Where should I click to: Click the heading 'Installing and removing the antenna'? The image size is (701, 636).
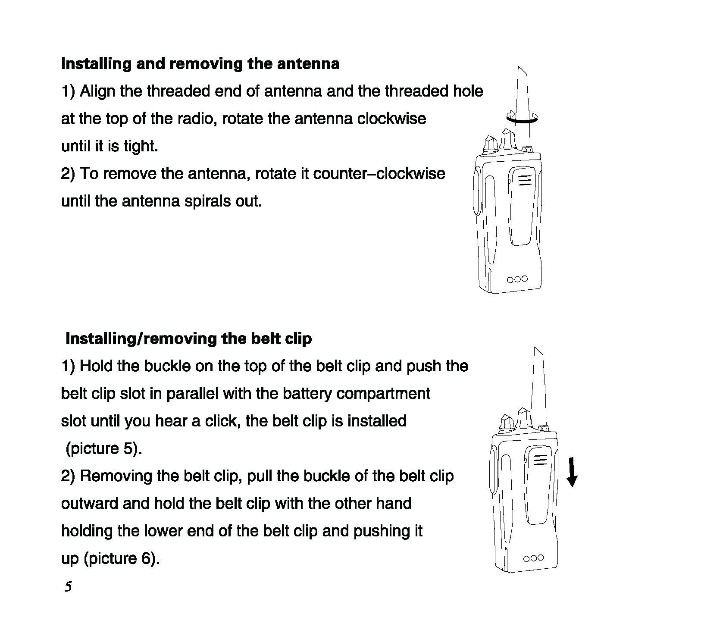(200, 64)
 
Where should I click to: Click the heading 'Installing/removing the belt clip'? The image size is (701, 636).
(188, 338)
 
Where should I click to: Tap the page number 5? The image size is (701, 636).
(68, 587)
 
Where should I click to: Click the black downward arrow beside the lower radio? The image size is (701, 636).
(572, 473)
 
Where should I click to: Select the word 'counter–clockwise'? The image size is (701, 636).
(379, 174)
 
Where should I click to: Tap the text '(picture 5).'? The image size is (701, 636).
(104, 448)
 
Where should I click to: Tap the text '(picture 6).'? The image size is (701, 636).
(122, 558)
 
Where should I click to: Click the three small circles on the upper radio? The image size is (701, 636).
(517, 279)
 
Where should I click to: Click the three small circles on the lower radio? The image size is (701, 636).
(533, 558)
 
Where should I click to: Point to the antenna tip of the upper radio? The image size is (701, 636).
(519, 70)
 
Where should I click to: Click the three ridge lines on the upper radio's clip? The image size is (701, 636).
(525, 180)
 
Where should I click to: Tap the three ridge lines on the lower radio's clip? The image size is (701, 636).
(541, 460)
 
